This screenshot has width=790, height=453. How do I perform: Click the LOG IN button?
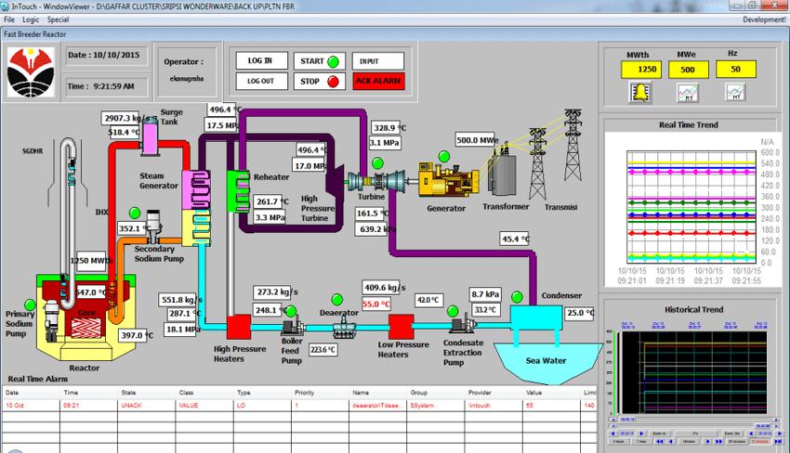point(260,60)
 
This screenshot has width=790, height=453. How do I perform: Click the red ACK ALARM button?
point(378,81)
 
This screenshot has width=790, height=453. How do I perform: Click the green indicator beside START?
point(333,61)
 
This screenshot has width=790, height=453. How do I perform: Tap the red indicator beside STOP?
point(333,81)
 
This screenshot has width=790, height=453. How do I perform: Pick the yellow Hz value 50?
point(735,70)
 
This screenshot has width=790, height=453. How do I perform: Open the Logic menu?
point(32,19)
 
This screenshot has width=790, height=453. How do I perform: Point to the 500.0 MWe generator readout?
point(478,141)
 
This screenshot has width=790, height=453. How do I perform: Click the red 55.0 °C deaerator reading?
point(376,304)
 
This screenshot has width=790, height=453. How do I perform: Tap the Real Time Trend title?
point(688,124)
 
